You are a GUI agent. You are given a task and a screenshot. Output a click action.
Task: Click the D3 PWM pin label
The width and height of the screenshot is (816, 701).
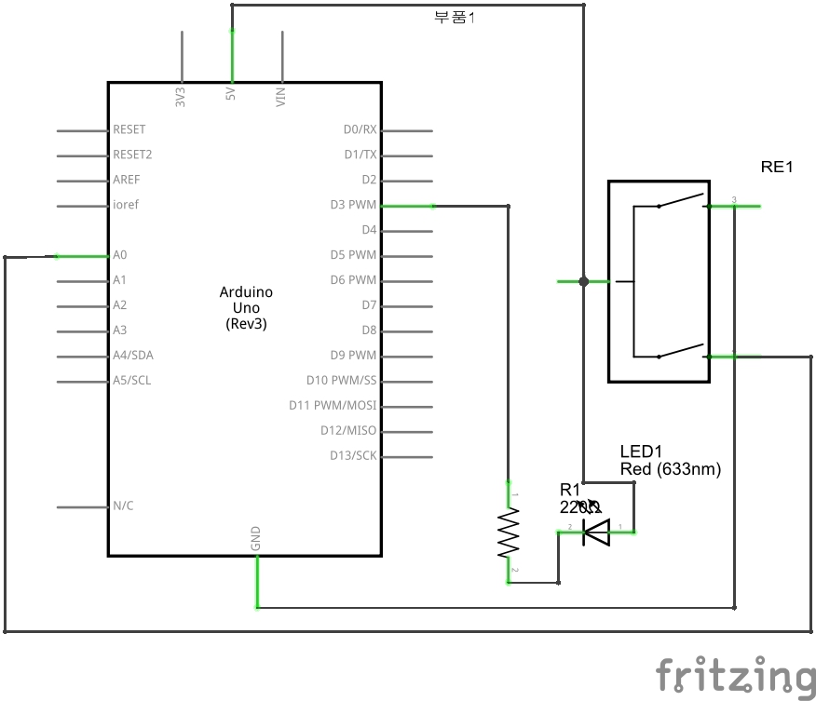(353, 205)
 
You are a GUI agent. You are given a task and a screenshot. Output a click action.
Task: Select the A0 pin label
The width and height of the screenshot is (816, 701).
(120, 255)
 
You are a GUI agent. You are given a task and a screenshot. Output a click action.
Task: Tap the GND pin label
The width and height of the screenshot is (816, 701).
(256, 538)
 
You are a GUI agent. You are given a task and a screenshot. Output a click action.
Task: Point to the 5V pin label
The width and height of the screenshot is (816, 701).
(230, 95)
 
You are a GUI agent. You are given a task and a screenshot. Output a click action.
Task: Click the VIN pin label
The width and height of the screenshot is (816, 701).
(281, 97)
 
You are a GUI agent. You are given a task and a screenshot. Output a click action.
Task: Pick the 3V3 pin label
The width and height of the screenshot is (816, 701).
(181, 97)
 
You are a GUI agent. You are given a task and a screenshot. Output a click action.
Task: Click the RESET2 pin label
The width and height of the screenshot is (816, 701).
(132, 155)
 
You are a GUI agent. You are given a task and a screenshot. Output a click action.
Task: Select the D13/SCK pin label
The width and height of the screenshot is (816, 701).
(353, 456)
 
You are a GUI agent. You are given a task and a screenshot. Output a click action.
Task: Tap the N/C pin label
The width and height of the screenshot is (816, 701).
(123, 506)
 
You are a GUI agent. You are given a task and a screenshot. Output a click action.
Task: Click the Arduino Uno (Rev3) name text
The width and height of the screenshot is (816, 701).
(246, 308)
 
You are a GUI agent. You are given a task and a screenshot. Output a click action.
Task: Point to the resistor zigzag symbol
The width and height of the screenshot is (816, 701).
(509, 532)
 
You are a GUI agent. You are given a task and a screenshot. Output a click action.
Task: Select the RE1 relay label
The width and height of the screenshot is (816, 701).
(776, 168)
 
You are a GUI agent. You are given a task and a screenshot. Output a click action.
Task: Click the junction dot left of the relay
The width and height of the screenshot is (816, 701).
(583, 281)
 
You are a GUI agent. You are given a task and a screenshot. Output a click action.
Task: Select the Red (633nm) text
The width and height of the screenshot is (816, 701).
(670, 470)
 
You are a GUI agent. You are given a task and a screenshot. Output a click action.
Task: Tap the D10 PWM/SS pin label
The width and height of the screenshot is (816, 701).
(341, 381)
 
